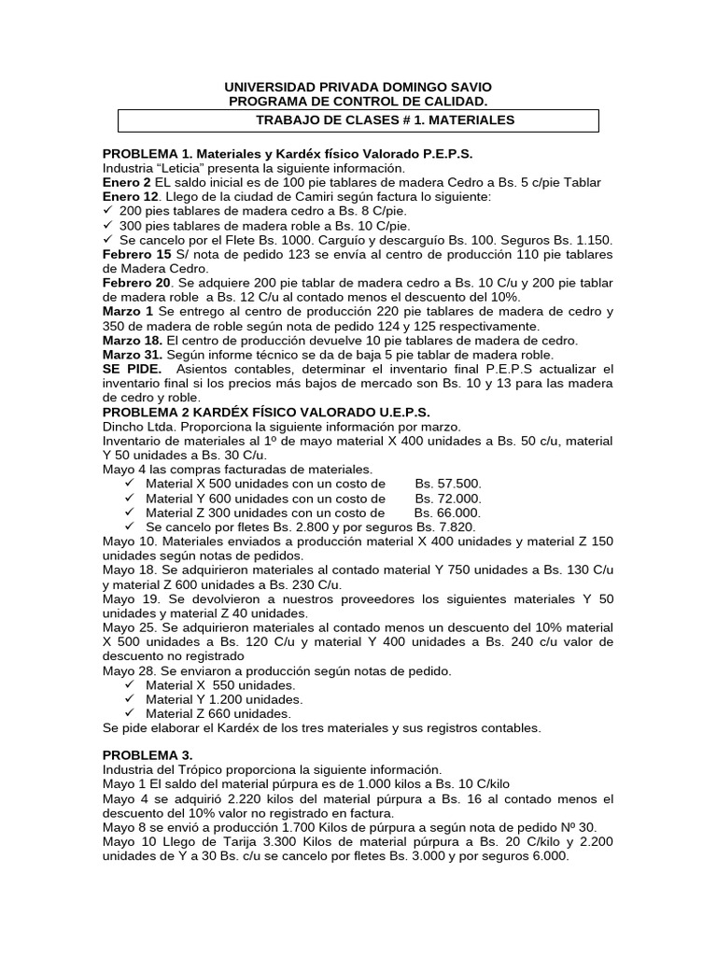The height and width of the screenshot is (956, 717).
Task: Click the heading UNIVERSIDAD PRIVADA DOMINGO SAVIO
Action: click(x=358, y=86)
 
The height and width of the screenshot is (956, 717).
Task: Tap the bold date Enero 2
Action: click(x=127, y=182)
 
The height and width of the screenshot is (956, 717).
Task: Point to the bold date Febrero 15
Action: click(x=136, y=254)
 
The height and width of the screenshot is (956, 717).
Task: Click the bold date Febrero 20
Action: click(x=136, y=282)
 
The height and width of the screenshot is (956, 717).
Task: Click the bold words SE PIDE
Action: click(x=132, y=370)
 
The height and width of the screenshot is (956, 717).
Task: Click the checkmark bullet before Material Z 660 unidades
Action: click(x=130, y=714)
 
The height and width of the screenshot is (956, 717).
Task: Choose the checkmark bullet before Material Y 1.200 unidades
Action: click(x=130, y=699)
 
